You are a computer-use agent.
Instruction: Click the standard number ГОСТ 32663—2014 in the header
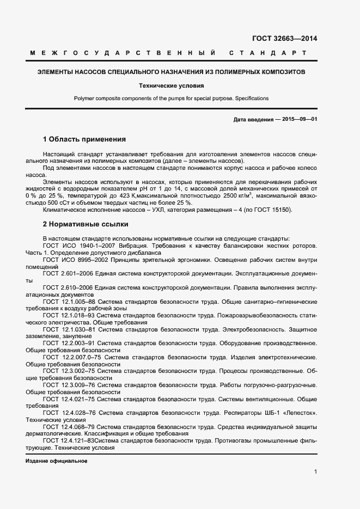[x=284, y=39]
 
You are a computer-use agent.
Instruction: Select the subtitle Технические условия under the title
[x=171, y=85]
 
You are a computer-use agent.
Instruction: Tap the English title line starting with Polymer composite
[x=171, y=99]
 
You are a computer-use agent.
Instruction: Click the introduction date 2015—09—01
[x=297, y=119]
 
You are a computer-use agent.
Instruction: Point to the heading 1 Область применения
[x=84, y=139]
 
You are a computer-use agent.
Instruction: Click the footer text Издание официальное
[x=57, y=461]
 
